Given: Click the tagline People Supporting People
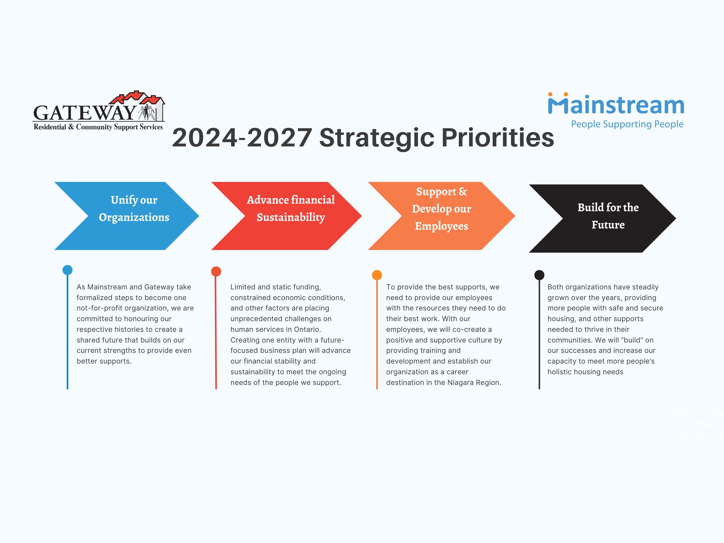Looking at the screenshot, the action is point(627,124).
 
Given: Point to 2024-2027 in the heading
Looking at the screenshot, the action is point(242,137).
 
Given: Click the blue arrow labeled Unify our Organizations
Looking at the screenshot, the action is point(127,216).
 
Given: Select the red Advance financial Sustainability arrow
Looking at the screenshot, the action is point(286,216).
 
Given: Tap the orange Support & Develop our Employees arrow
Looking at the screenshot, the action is point(442,216).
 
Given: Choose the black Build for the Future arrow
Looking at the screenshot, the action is point(603,218).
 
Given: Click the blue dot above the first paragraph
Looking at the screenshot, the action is point(68,270).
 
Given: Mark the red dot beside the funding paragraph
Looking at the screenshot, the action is point(216,271).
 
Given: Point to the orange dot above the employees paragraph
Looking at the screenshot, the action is point(377,275).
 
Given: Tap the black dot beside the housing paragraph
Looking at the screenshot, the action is point(540,275).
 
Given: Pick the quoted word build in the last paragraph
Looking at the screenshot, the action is point(632,340).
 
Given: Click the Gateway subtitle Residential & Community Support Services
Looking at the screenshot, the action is point(98,127).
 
